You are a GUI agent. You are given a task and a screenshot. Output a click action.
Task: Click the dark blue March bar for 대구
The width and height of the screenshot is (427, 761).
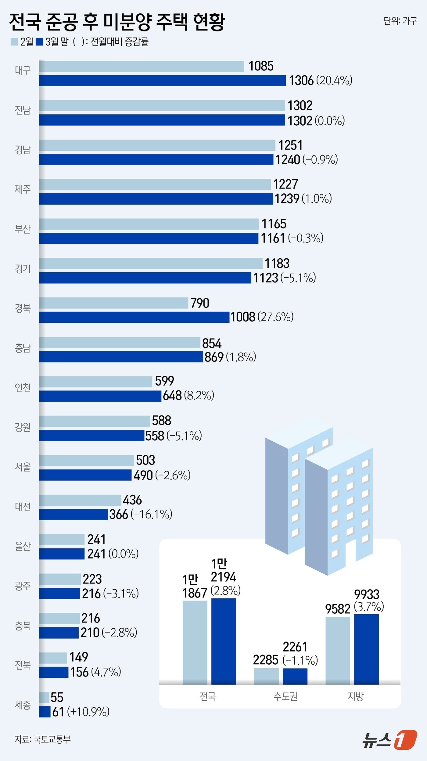162,81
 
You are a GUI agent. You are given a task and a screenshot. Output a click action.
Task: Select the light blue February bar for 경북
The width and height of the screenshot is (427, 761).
113,303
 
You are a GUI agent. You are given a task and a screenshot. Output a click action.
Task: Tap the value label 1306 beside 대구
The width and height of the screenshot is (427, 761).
301,81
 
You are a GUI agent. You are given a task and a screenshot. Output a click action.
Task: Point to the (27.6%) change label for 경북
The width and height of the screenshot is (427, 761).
275,317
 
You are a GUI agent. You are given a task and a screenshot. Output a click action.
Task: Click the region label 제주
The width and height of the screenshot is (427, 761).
23,189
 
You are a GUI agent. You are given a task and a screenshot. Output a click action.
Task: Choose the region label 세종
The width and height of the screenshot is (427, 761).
23,705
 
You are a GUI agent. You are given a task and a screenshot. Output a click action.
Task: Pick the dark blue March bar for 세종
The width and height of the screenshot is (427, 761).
45,712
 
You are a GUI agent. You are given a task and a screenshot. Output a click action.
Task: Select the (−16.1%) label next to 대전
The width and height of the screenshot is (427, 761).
152,515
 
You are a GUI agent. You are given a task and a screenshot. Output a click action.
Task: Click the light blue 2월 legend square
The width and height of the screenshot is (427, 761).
14,42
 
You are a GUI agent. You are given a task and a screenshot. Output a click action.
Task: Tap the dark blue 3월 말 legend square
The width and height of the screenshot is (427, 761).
39,42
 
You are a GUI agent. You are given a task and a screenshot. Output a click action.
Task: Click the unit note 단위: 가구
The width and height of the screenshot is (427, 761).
400,21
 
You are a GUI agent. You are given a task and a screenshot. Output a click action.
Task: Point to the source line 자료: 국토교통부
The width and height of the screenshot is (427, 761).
43,739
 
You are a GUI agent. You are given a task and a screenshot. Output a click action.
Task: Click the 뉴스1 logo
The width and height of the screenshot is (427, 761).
390,740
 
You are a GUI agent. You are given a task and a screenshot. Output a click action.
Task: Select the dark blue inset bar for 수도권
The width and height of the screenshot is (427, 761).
295,676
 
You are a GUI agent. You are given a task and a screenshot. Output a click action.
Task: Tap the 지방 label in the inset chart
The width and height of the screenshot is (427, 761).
355,696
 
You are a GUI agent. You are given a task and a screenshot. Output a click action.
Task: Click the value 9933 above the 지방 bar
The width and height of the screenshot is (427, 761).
367,594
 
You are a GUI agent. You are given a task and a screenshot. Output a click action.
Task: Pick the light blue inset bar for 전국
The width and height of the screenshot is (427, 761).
195,642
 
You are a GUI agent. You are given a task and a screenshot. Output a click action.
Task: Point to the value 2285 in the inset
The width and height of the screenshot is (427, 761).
265,660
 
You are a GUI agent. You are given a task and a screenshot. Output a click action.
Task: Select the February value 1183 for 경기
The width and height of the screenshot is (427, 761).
277,264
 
